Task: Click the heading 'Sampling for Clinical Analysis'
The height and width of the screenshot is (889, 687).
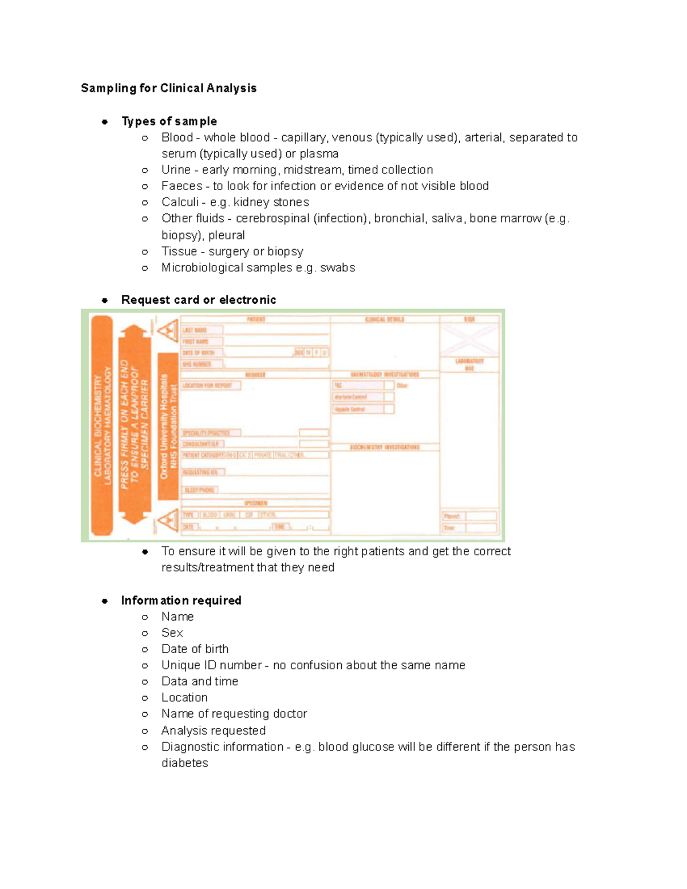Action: (x=168, y=88)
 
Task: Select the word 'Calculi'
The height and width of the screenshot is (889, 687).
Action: (x=180, y=202)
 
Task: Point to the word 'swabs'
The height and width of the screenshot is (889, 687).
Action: (x=337, y=268)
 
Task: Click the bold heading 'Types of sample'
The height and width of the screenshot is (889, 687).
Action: (x=169, y=121)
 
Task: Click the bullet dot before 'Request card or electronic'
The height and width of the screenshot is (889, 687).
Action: (x=105, y=300)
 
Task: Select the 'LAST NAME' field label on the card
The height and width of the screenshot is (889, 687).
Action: (x=195, y=330)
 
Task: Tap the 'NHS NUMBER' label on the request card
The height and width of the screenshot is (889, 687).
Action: (x=197, y=364)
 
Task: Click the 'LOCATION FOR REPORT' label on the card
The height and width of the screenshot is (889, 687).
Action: (x=207, y=386)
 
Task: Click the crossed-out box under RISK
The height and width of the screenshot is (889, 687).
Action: (x=469, y=339)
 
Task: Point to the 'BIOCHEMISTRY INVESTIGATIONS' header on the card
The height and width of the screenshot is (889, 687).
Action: (x=385, y=447)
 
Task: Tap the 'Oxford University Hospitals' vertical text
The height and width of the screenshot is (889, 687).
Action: (x=164, y=426)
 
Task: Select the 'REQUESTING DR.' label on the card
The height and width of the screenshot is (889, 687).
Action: (x=200, y=472)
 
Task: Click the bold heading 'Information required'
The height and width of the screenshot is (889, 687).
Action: (x=181, y=600)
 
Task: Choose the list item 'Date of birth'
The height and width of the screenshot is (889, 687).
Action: (x=195, y=649)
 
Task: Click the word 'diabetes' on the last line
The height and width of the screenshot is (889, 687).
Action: (x=184, y=763)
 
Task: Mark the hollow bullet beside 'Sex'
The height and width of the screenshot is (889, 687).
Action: (x=145, y=633)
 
